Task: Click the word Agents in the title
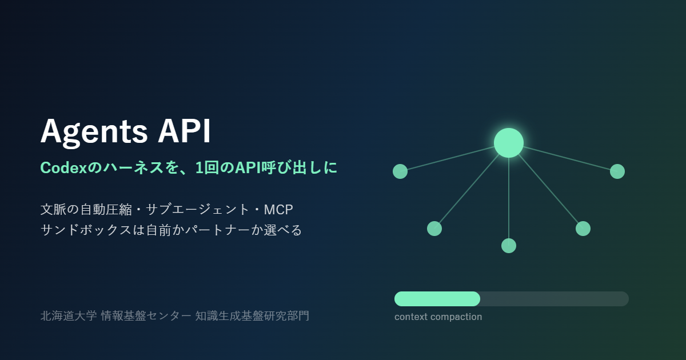coord(94,132)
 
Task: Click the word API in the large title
coord(184,131)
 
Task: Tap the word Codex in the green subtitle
coord(63,168)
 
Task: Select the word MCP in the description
coord(278,210)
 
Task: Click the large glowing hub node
coord(509,143)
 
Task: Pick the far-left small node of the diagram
coord(400,171)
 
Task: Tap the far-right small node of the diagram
coord(617,171)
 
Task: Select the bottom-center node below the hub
coord(509,246)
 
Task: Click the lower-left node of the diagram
coord(434,229)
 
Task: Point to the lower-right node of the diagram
coord(583,229)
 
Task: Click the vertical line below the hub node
coord(509,198)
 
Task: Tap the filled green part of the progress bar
coord(437,299)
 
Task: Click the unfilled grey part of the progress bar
coord(555,299)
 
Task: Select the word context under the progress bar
coord(410,317)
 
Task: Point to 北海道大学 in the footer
coord(69,316)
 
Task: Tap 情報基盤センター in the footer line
coord(146,316)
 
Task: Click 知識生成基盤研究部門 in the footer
coord(252,316)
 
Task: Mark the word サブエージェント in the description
coord(198,210)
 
